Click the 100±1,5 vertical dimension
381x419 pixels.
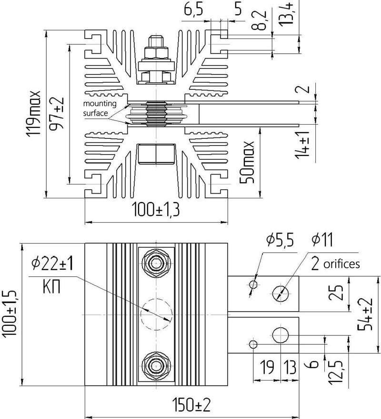(10, 314)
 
